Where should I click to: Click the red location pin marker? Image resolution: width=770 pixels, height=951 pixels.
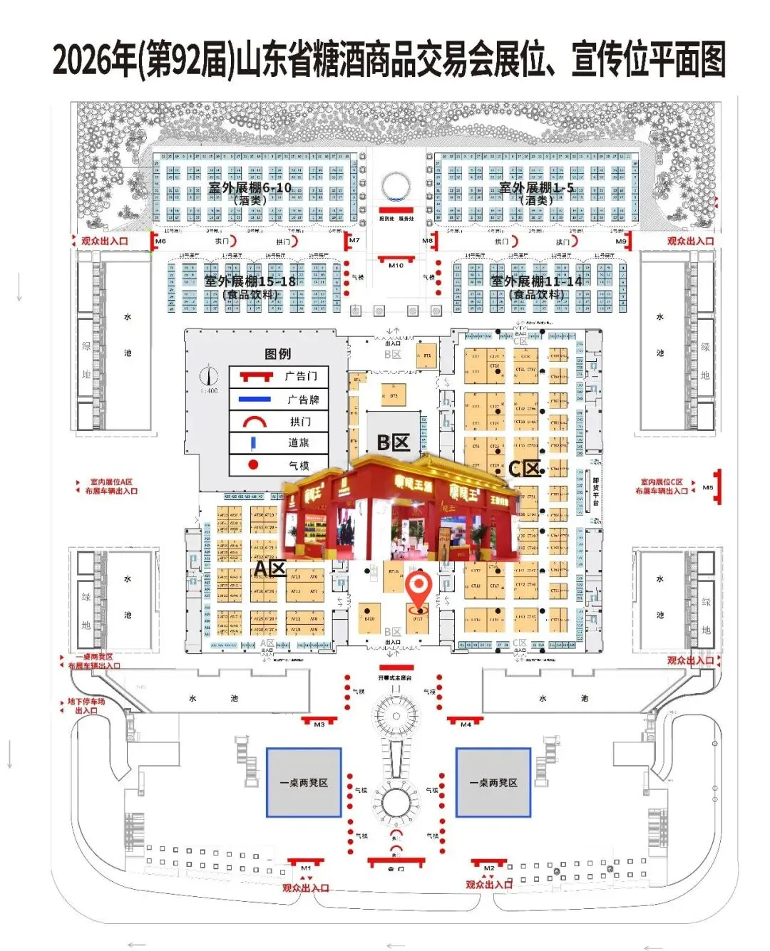pyautogui.click(x=419, y=591)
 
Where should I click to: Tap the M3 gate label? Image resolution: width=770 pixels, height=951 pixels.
pyautogui.click(x=319, y=724)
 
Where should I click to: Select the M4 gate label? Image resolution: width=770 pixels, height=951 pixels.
pyautogui.click(x=466, y=724)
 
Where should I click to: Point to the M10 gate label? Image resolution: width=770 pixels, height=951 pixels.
pyautogui.click(x=396, y=265)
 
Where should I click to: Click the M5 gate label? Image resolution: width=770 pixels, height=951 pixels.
pyautogui.click(x=707, y=487)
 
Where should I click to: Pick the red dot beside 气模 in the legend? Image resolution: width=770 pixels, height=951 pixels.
pyautogui.click(x=252, y=464)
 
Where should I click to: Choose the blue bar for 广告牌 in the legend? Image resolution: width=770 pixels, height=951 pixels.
pyautogui.click(x=255, y=400)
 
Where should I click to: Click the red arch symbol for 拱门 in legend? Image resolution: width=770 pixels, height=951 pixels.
pyautogui.click(x=255, y=422)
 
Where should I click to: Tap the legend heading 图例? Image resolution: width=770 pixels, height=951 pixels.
pyautogui.click(x=277, y=354)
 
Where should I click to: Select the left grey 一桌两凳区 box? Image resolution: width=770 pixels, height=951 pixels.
pyautogui.click(x=304, y=782)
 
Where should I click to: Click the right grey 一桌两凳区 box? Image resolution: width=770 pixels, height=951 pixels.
pyautogui.click(x=493, y=782)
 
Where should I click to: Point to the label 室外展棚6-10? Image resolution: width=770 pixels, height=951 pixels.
pyautogui.click(x=250, y=188)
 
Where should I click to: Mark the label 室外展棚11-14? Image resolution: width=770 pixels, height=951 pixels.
pyautogui.click(x=536, y=281)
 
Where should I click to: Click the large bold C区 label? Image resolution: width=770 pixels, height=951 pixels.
pyautogui.click(x=525, y=469)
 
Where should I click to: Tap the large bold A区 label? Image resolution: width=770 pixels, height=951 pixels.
pyautogui.click(x=270, y=568)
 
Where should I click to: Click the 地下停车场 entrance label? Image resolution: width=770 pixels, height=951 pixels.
pyautogui.click(x=86, y=705)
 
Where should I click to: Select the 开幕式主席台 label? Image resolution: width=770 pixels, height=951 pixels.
pyautogui.click(x=395, y=677)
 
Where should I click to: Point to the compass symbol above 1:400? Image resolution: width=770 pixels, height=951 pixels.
pyautogui.click(x=209, y=375)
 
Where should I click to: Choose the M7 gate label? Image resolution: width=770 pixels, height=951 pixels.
pyautogui.click(x=354, y=241)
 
